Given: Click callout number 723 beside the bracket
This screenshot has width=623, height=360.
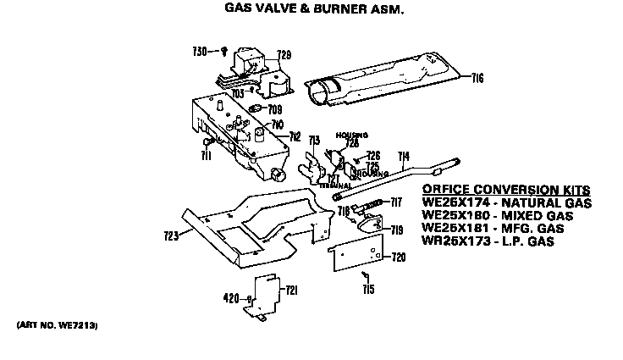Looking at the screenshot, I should pos(172,235).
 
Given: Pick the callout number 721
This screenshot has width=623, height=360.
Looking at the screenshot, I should pos(292,291).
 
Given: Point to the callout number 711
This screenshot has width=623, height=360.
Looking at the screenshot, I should pos(206,155).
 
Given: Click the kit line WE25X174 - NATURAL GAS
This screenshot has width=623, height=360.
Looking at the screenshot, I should pos(505,203).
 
